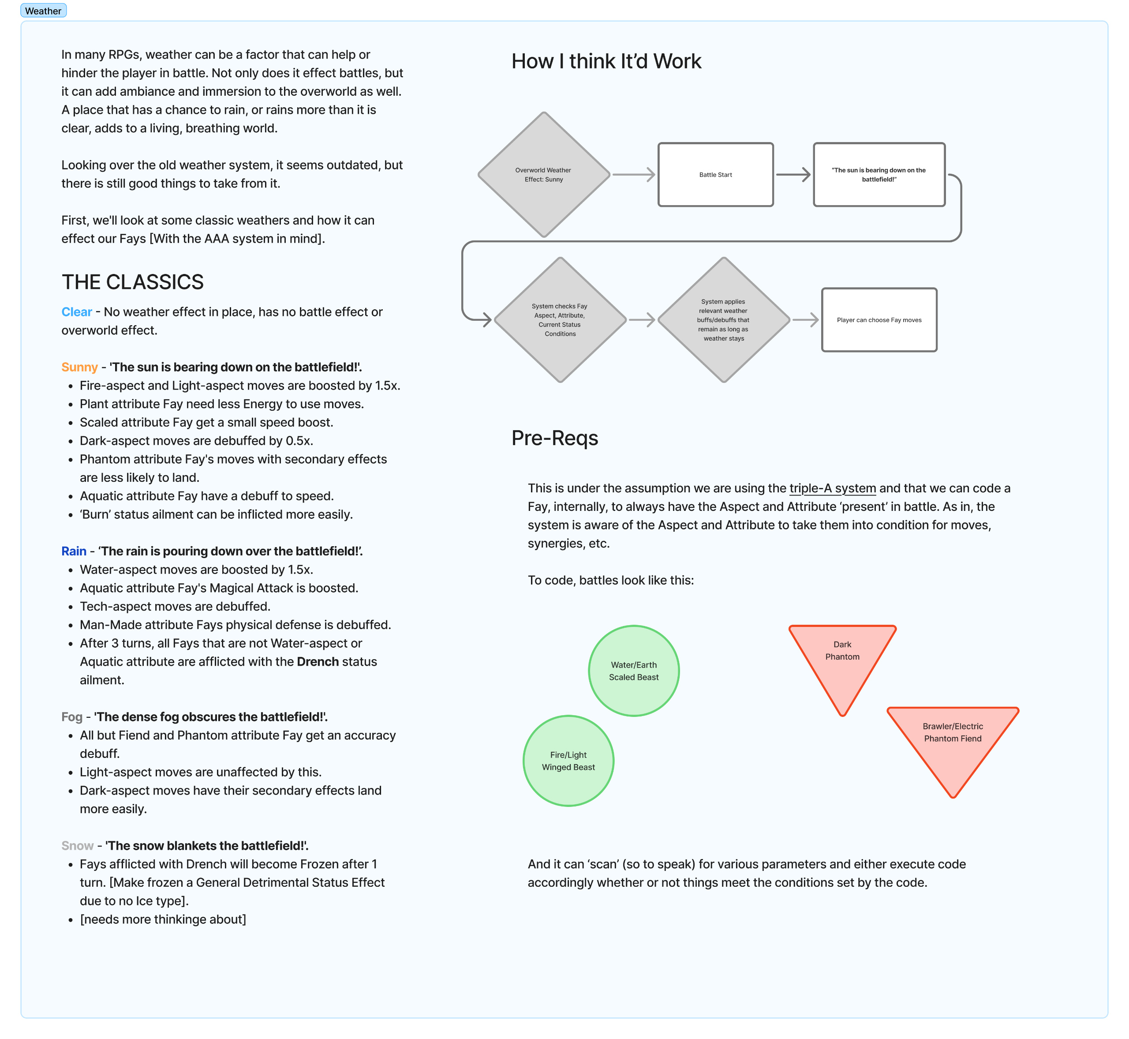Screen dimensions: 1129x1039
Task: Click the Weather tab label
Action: click(x=43, y=11)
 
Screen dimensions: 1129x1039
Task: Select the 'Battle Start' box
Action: click(x=715, y=175)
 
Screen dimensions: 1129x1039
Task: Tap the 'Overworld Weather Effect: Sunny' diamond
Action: click(x=543, y=175)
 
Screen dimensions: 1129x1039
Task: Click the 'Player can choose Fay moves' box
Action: click(x=879, y=320)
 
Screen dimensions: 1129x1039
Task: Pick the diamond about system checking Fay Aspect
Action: click(x=560, y=320)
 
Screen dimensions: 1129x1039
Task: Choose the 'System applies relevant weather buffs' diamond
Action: click(x=724, y=320)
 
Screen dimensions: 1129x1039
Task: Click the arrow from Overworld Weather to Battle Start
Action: click(x=634, y=175)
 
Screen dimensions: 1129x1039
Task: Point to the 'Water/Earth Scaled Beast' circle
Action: click(x=634, y=671)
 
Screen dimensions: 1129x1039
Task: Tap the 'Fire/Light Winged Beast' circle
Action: click(x=568, y=761)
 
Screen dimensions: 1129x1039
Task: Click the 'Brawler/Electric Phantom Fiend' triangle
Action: click(x=953, y=742)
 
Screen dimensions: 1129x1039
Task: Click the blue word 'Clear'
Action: click(x=76, y=312)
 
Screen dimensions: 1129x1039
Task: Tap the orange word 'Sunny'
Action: click(x=79, y=367)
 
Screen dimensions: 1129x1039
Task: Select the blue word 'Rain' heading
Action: click(x=74, y=551)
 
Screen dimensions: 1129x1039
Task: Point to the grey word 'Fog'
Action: click(x=72, y=717)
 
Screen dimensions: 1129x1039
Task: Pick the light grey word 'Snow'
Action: click(x=77, y=846)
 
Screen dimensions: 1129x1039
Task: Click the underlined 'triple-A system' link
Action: click(x=832, y=488)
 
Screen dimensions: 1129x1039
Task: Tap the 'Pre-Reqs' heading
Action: click(x=555, y=438)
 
